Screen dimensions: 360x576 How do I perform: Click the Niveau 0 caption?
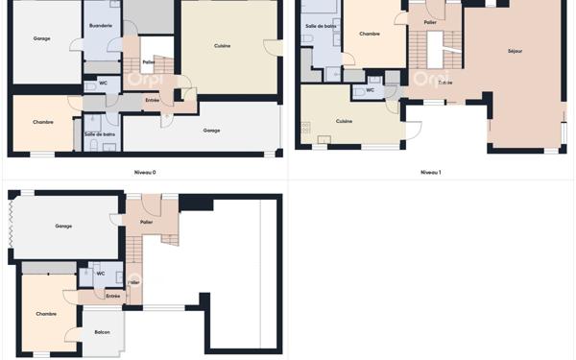(x=146, y=173)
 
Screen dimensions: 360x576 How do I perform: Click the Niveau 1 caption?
(x=430, y=173)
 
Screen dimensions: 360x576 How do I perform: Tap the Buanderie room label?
(x=99, y=26)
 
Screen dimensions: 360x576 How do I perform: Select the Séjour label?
(x=516, y=51)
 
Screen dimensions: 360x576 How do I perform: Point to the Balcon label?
(x=103, y=332)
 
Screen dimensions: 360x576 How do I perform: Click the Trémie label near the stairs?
(x=444, y=83)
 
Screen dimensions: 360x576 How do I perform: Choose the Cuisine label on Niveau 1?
(x=344, y=121)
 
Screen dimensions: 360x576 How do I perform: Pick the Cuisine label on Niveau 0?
(x=222, y=45)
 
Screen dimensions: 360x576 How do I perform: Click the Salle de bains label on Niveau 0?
(x=100, y=133)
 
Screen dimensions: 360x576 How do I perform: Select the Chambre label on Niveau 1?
(x=370, y=34)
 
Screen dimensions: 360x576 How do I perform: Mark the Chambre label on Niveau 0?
(x=43, y=122)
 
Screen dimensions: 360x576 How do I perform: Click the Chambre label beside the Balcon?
(x=46, y=314)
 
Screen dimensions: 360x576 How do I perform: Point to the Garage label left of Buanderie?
(x=41, y=39)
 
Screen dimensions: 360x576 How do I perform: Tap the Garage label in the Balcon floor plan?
(x=63, y=227)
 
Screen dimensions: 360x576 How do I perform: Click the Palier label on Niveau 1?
(x=430, y=22)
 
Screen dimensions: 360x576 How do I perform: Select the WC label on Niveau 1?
(x=370, y=90)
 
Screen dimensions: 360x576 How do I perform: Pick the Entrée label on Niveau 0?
(x=152, y=100)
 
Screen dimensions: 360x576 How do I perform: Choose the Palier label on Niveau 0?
(x=148, y=62)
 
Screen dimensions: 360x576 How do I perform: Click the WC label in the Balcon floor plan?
(x=100, y=274)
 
